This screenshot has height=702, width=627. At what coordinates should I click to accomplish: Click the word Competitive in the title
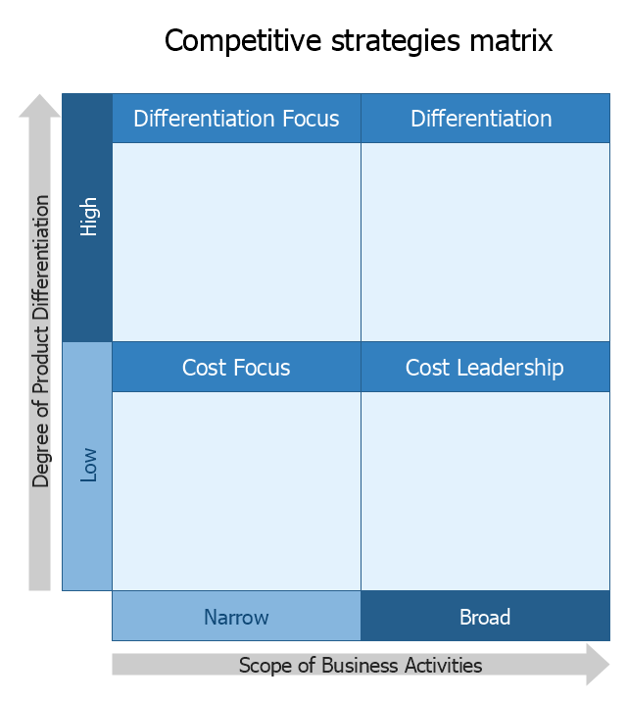243,41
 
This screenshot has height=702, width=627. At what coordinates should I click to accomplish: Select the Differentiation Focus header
236,119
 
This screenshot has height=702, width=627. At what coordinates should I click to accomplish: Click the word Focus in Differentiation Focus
311,119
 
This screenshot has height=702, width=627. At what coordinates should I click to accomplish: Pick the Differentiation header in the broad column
485,119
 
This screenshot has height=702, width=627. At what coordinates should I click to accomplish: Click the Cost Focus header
236,367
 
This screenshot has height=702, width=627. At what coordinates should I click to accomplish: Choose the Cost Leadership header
485,367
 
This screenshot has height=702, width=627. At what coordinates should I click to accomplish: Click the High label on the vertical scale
88,217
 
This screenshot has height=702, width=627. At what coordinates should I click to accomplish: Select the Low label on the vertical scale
88,465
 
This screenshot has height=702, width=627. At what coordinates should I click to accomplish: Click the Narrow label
236,617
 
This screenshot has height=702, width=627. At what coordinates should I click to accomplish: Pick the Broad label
485,617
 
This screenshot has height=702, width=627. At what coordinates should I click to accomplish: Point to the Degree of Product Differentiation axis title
41,341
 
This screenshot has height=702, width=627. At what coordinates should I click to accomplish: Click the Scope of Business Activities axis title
361,666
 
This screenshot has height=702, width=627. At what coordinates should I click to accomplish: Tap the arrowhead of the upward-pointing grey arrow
39,106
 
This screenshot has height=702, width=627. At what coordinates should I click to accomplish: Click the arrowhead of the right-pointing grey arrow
598,665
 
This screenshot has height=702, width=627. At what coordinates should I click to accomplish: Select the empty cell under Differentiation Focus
236,242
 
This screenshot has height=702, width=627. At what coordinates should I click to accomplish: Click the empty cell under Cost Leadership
485,491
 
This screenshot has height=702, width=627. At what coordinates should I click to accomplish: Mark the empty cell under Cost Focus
236,491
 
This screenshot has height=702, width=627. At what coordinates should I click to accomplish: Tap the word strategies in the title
396,41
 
